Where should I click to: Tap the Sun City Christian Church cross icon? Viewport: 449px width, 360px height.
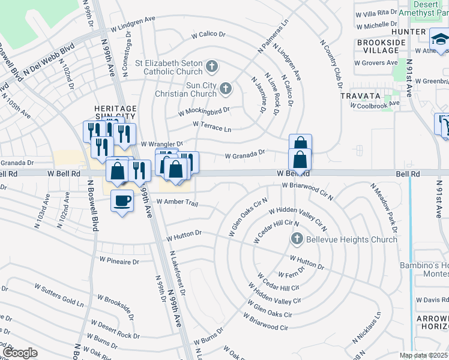coord(226,89)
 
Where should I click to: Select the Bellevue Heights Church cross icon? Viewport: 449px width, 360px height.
coord(296,239)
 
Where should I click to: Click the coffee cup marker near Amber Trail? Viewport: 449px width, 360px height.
coord(122,200)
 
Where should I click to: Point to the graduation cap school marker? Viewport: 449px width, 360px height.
coord(440,40)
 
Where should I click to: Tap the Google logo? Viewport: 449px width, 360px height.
coord(20,353)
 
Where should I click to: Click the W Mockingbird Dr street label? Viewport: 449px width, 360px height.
coord(204,111)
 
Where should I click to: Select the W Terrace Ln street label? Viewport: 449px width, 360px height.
coord(211,126)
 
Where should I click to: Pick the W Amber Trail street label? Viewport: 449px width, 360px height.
coord(176,203)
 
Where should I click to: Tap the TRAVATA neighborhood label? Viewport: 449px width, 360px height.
coord(361,95)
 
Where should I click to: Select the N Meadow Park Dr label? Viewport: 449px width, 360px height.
coord(384,208)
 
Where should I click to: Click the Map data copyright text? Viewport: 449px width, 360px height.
coord(424,355)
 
